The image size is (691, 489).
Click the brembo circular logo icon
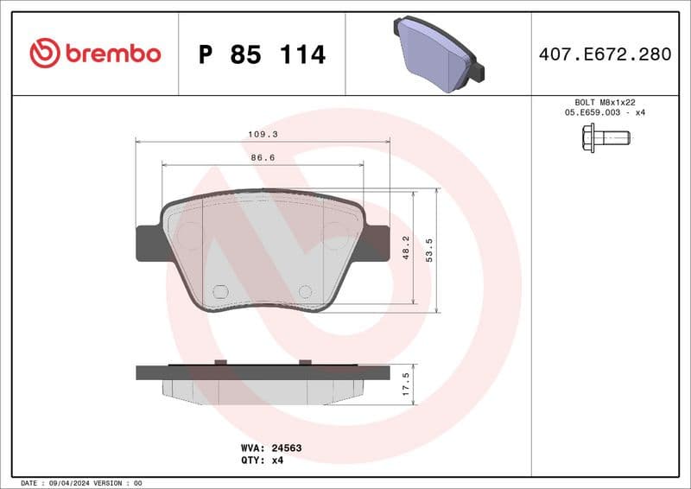pos(45,54)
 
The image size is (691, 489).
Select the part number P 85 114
pos(262,54)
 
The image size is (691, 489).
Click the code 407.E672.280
pos(605,54)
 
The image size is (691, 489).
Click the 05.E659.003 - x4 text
pos(605,112)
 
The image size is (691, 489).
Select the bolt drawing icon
pos(605,137)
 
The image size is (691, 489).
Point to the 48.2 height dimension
pos(406,249)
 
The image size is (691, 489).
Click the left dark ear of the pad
pos(149,243)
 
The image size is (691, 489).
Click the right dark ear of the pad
pos(377,243)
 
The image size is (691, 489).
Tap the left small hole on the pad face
pos(219,292)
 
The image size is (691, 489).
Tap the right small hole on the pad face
pos(304,292)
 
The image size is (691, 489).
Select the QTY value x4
pos(277,460)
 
